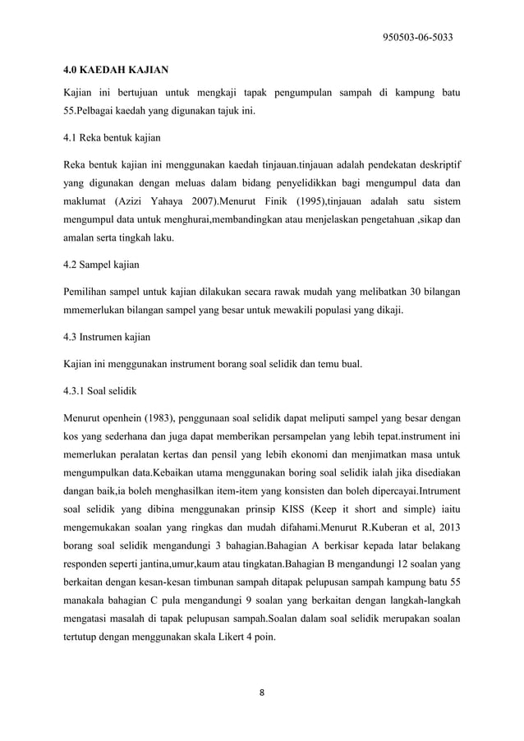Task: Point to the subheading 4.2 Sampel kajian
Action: (x=101, y=265)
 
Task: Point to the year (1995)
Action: (x=328, y=200)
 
